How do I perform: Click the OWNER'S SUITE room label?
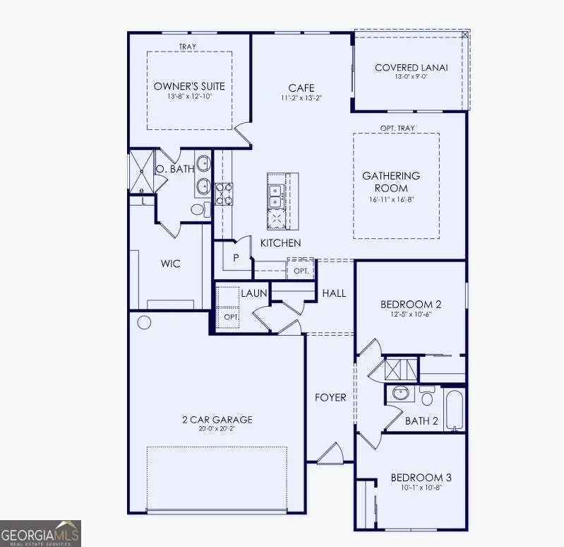pos(189,86)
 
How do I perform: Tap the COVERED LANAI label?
pos(411,68)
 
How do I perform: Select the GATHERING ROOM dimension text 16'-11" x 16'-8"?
pos(390,200)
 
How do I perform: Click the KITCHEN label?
pos(280,243)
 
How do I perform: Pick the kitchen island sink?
pos(275,195)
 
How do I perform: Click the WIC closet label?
pos(170,264)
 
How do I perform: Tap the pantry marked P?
pos(236,257)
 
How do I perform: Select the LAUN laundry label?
pos(253,293)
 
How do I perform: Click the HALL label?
pos(334,293)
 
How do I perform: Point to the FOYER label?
pos(330,397)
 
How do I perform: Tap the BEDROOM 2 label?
pos(411,305)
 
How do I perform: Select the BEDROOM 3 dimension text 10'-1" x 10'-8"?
pos(421,488)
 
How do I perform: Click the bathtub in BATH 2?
pos(455,409)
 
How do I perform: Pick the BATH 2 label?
pos(421,421)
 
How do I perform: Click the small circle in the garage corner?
pos(143,323)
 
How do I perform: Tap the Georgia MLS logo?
pos(40,533)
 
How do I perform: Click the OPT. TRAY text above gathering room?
pos(397,128)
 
